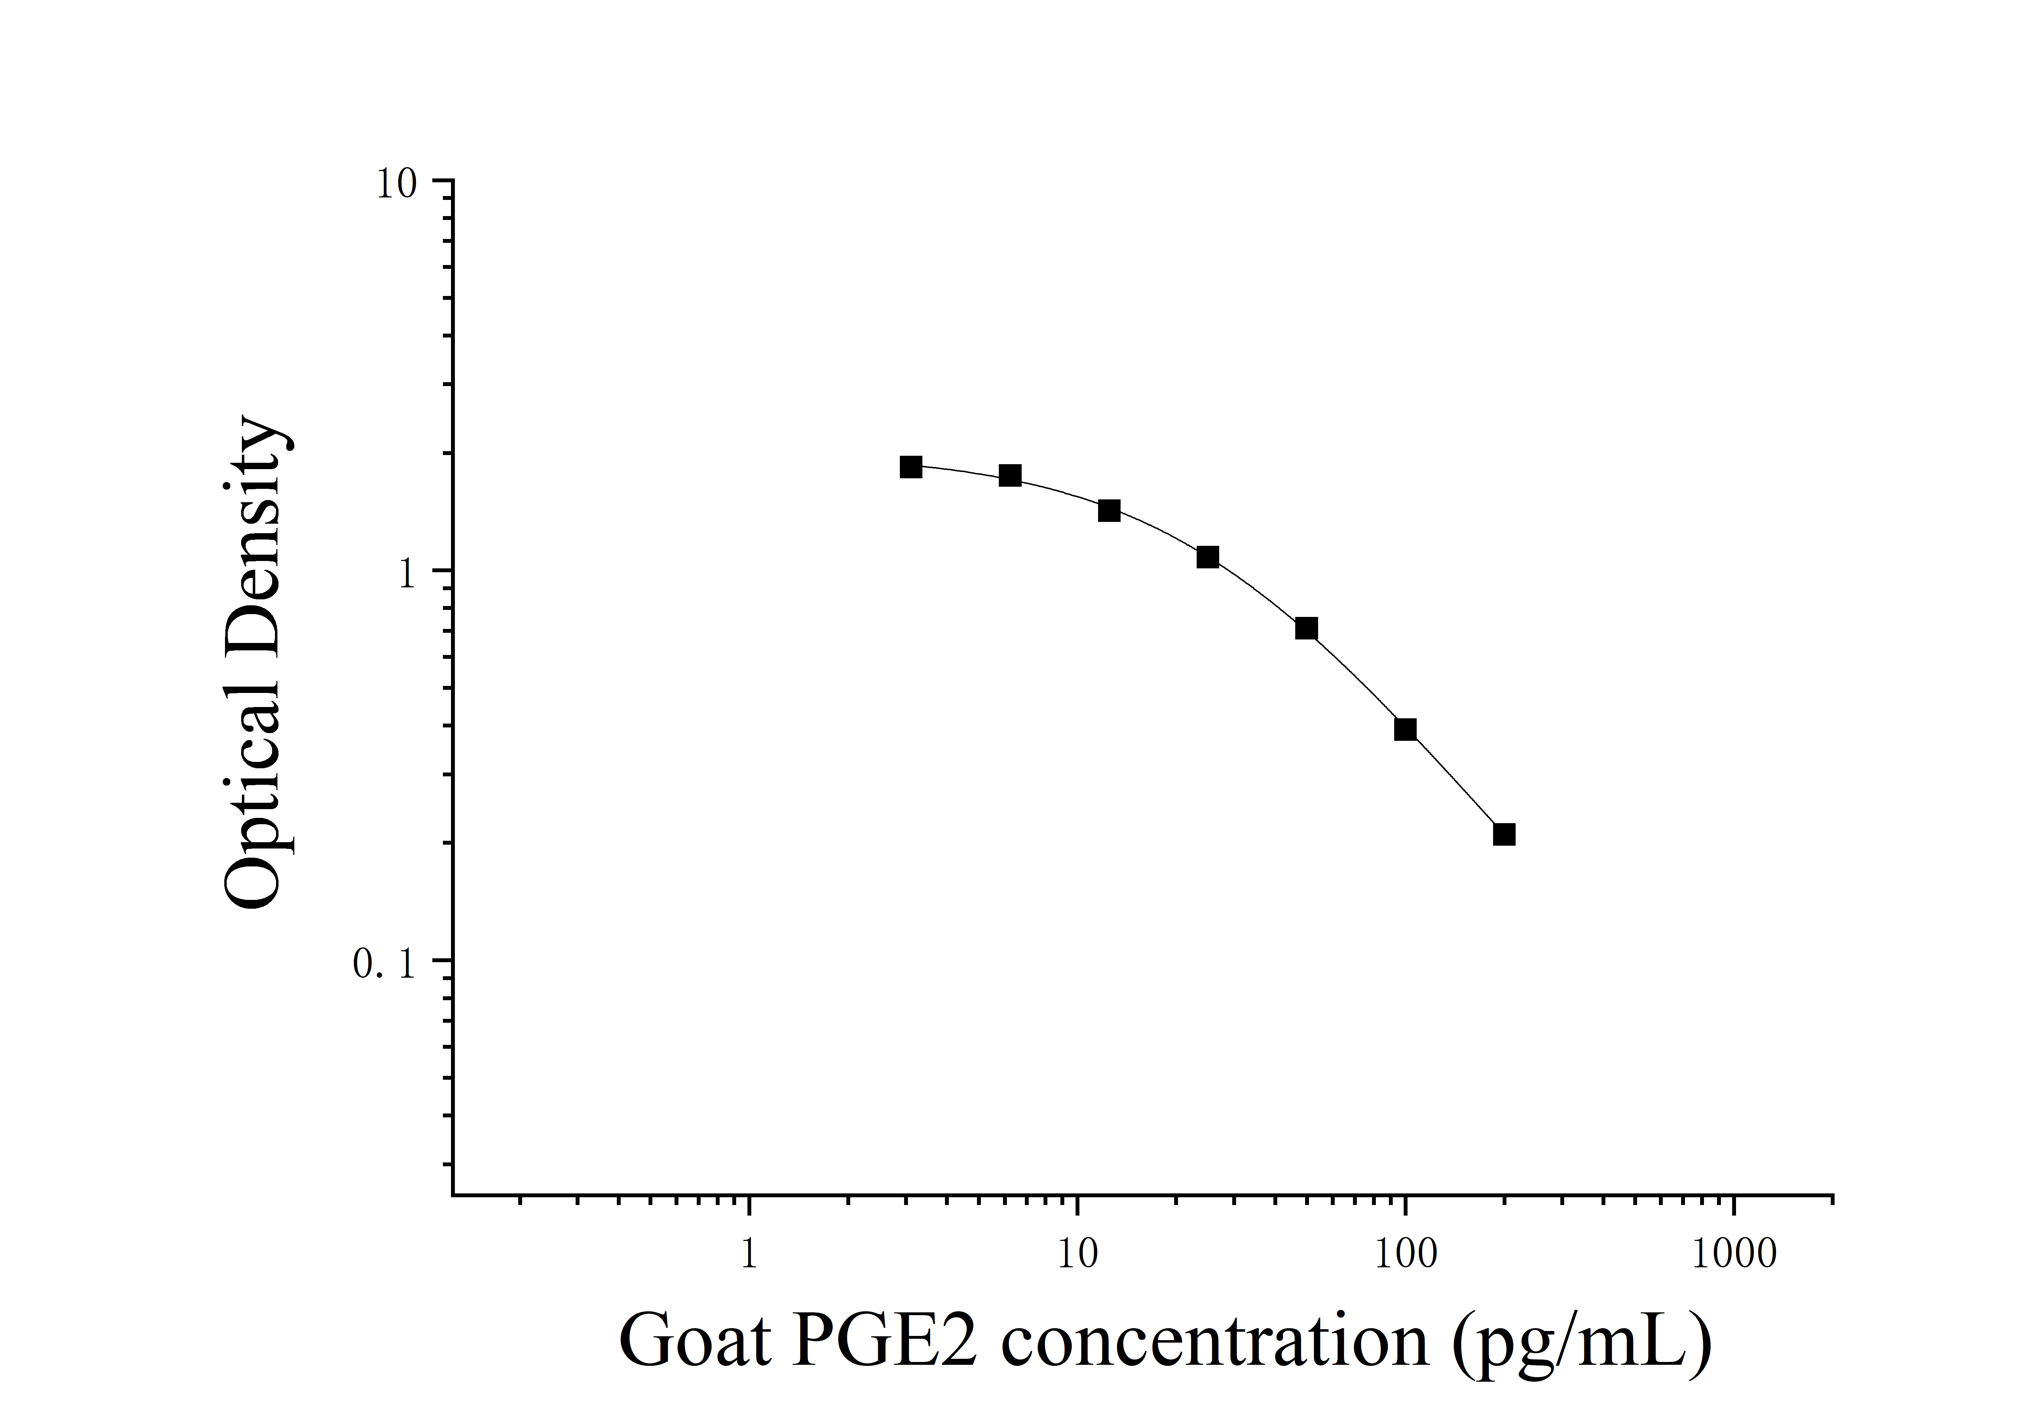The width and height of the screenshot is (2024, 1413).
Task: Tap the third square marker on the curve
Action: pos(1109,510)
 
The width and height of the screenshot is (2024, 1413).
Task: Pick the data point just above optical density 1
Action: pos(1208,557)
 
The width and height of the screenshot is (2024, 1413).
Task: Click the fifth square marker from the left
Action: pos(1306,629)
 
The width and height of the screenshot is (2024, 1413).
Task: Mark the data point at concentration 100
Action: pos(1405,729)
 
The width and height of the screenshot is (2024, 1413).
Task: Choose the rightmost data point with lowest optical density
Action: pos(1504,834)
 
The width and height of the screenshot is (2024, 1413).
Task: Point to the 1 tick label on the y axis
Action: pos(406,575)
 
